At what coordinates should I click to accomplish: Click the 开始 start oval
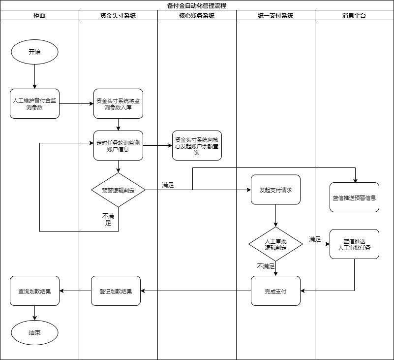[34, 52]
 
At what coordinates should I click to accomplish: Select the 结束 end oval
[34, 332]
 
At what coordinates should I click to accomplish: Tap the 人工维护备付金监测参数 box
[34, 103]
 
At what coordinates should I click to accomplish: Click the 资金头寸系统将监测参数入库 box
[118, 103]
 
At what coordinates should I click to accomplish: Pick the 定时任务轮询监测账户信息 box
[118, 145]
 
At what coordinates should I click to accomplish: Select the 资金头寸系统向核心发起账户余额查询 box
[197, 145]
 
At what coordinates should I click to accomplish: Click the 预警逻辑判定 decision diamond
[118, 190]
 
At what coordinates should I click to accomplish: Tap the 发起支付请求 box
[275, 190]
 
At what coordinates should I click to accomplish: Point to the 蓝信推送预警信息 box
[354, 197]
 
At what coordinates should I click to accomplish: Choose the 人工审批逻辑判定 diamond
[275, 244]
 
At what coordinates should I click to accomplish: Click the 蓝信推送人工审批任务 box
[354, 244]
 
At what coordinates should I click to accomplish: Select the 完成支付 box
[275, 291]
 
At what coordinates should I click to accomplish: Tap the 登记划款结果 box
[116, 291]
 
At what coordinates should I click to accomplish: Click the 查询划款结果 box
[34, 291]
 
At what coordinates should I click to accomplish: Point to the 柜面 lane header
[39, 15]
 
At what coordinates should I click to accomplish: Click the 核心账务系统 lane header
[197, 15]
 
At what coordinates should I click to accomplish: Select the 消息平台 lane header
[354, 15]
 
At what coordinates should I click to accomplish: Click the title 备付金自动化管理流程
[197, 5]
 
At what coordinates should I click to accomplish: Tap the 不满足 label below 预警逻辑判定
[108, 219]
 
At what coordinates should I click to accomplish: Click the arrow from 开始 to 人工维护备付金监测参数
[34, 76]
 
